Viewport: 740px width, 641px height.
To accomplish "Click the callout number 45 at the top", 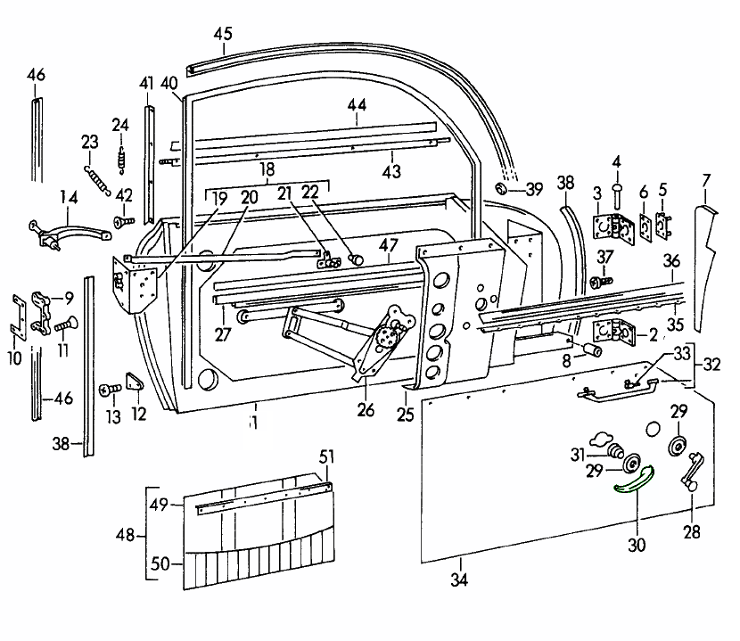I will [222, 35].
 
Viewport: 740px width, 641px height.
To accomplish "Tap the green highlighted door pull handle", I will [634, 480].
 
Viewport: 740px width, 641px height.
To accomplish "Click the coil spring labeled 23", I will [95, 178].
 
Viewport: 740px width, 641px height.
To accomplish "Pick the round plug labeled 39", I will [502, 189].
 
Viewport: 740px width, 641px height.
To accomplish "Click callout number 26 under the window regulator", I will [366, 411].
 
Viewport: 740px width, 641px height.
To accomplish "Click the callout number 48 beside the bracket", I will [126, 536].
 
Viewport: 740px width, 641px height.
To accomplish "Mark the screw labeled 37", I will [596, 282].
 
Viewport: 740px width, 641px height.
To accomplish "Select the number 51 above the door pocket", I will [327, 457].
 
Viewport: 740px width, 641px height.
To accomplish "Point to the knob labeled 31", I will [612, 448].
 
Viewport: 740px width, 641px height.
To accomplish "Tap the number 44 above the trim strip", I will [357, 105].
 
